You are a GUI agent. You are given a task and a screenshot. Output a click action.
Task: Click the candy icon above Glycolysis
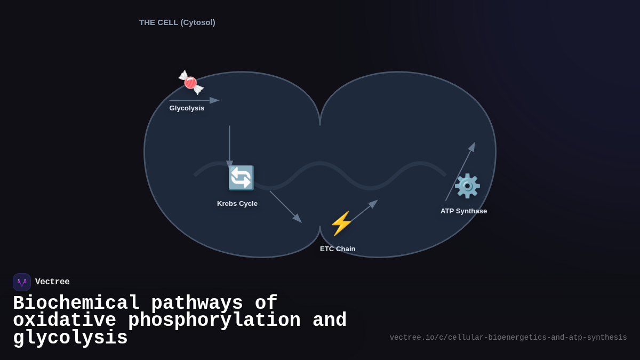191,83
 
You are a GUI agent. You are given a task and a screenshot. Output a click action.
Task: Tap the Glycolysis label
187,108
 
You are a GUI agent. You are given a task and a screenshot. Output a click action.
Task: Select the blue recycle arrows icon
241,178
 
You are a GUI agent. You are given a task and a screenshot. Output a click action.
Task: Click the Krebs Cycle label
237,204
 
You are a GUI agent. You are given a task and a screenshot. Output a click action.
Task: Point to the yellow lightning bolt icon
341,223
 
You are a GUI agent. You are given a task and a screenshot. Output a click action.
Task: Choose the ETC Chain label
338,249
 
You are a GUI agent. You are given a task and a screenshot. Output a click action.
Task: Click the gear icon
467,186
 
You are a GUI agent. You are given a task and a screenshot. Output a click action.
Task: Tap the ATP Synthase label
463,211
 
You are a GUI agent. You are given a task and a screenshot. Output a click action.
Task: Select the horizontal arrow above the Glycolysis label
194,100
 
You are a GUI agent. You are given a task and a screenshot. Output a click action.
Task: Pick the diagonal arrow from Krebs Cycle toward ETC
285,206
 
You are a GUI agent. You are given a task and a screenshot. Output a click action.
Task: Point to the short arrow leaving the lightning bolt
364,211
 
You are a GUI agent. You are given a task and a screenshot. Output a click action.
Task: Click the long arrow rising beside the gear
460,171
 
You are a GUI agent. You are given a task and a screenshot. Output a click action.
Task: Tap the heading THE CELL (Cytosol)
177,22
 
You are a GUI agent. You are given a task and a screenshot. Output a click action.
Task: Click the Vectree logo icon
22,282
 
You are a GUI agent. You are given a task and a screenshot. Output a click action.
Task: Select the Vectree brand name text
52,282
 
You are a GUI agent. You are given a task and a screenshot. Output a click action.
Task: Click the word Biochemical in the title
76,303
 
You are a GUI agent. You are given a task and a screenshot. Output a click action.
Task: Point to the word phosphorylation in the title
214,321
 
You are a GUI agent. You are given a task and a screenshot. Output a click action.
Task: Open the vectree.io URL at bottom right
508,338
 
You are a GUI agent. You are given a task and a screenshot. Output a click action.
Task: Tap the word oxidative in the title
65,321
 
